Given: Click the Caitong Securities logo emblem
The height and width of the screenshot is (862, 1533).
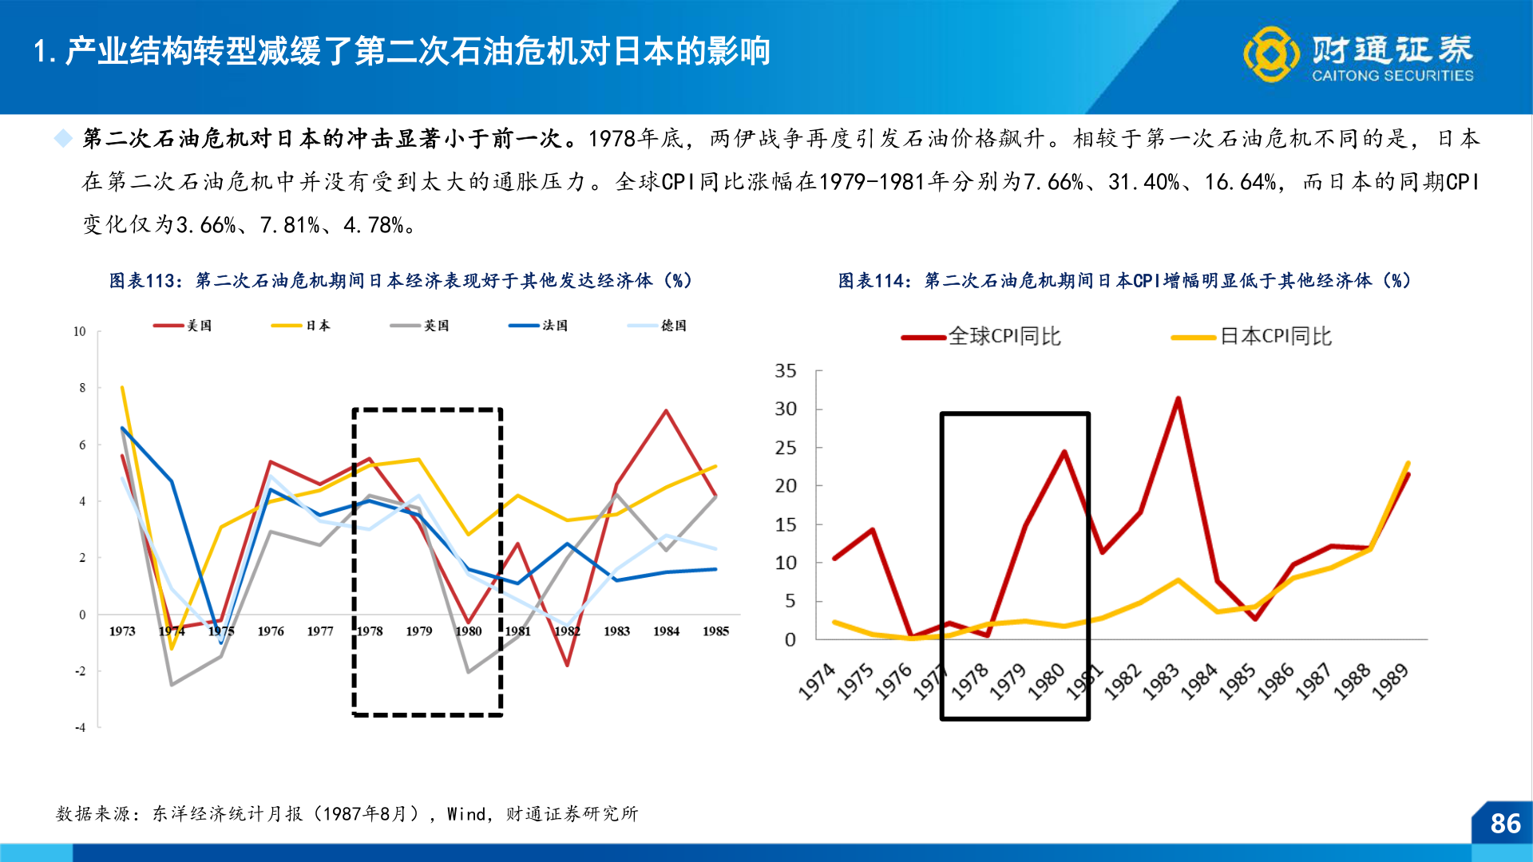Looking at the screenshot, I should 1271,54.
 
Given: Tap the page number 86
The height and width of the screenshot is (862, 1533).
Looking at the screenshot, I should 1505,824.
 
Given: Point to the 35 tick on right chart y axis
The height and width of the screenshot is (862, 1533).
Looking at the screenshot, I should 786,371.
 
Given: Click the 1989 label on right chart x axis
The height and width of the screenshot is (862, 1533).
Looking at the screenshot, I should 1390,682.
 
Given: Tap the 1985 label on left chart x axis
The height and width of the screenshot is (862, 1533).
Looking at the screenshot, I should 715,631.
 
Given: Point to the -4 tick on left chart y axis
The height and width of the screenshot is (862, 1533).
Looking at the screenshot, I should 80,728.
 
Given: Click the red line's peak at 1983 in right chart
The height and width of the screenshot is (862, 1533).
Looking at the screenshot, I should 1178,398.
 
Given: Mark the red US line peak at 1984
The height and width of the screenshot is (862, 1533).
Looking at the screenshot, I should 666,411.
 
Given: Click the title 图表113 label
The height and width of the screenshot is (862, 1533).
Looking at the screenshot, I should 142,281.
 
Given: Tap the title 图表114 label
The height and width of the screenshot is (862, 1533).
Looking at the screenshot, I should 871,281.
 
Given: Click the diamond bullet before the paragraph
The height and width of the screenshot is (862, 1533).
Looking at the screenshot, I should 62,139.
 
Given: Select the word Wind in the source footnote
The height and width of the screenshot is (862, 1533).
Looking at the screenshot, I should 466,814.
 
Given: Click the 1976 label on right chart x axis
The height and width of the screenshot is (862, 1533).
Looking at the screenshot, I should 893,682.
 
